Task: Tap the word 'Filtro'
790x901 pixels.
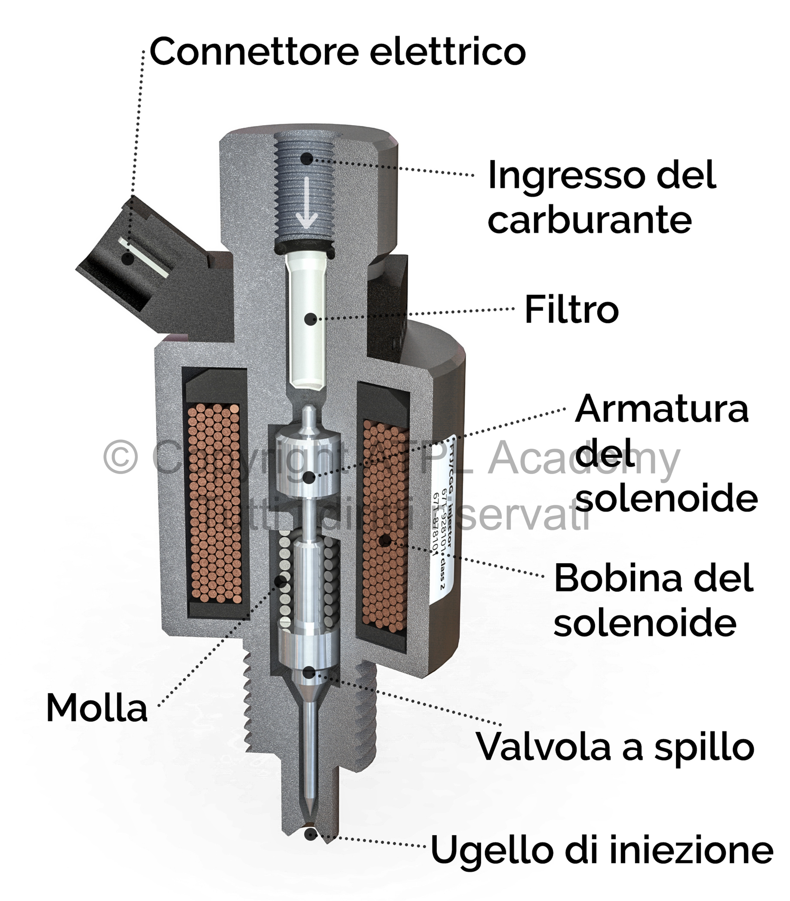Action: (x=571, y=310)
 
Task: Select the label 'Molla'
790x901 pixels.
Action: (x=97, y=708)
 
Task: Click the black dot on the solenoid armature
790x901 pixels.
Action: (x=309, y=477)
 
